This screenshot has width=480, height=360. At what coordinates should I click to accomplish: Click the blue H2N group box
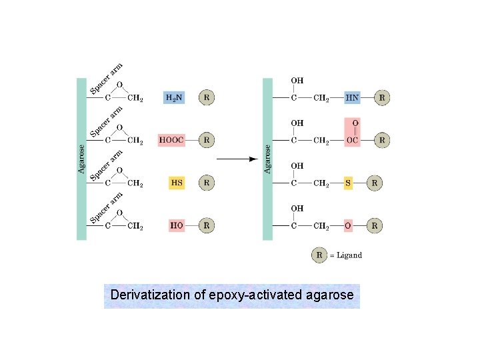coord(173,97)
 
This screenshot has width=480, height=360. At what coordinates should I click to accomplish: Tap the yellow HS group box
coord(177,183)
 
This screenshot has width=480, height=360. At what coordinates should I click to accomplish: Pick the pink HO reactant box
coord(177,225)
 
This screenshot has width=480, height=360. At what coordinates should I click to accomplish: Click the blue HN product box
coord(353,97)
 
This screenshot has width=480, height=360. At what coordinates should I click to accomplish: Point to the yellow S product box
coord(348,183)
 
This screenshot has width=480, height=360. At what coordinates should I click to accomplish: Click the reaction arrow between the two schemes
coord(237,159)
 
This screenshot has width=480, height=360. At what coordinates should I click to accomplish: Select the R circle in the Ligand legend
coord(320,255)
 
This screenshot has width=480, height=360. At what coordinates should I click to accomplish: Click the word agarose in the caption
coord(330,295)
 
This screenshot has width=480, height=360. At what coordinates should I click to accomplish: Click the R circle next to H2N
coord(207,97)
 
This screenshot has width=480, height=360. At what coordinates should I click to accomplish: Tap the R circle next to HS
coord(207,183)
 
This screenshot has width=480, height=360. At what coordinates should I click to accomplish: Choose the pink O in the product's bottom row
coord(348,225)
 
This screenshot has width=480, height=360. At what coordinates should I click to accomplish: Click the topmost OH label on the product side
coord(297,81)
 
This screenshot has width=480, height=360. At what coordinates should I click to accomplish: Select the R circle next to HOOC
coord(207,140)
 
